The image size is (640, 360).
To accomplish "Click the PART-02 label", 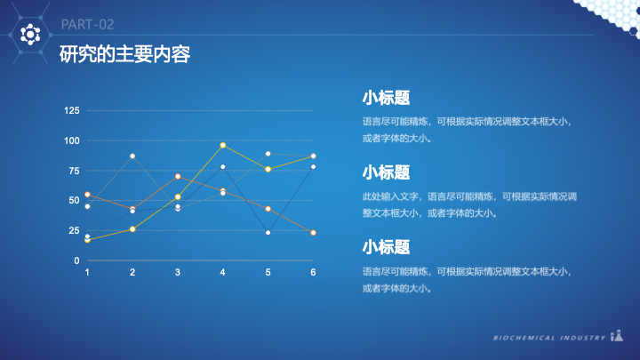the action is point(87,25).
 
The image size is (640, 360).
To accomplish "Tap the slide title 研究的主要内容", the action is point(124,54).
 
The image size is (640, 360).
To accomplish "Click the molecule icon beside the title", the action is point(30,35).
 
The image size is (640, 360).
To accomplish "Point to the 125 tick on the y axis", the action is point(72,110).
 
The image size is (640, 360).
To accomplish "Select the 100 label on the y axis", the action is point(72,140).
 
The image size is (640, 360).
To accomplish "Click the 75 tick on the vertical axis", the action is point(74,171).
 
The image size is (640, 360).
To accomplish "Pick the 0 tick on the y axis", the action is point(76,260).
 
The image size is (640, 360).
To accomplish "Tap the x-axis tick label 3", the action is point(178,272).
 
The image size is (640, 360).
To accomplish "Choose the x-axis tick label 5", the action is point(268,272).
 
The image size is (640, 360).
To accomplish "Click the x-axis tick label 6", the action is point(313,272).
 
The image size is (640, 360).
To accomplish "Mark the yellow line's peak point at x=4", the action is point(223,145).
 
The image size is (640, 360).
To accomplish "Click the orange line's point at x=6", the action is point(313,233).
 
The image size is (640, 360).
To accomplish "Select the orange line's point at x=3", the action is point(178,176).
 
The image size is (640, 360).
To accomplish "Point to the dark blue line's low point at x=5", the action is point(268,233).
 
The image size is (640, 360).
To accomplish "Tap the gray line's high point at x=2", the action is point(132,156).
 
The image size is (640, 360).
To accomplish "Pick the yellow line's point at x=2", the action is point(132,229).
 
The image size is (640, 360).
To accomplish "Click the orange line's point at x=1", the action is point(87,195).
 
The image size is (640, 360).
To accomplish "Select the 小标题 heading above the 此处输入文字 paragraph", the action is point(386,172).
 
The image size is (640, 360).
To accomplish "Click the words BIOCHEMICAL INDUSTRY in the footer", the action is point(549,338).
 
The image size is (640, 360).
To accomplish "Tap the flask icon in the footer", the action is point(617,335).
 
